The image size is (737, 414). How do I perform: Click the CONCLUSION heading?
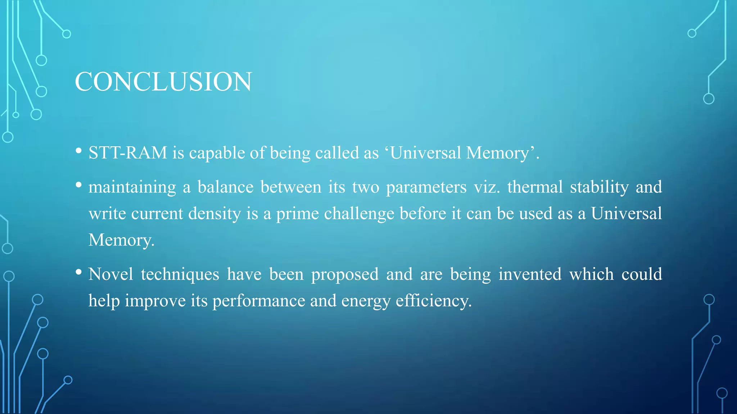[163, 82]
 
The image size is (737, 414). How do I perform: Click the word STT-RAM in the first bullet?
[128, 153]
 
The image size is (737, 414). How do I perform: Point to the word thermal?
[535, 187]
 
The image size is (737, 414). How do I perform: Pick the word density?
[214, 214]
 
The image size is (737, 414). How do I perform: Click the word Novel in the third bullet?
[111, 274]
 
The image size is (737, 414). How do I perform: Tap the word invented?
[530, 274]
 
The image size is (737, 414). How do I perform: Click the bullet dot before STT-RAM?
[79, 151]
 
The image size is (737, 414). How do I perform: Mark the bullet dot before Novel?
[79, 272]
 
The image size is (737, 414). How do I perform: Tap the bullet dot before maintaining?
[79, 185]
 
